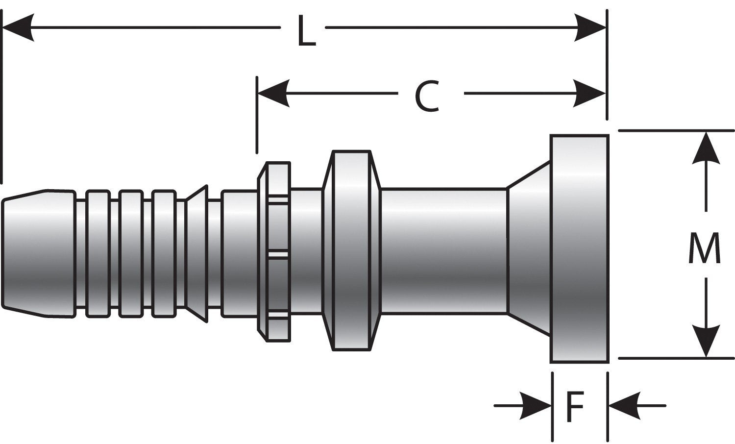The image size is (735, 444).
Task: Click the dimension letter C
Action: tap(426, 97)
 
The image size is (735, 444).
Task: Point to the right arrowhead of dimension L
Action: tap(590, 27)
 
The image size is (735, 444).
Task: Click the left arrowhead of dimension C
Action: tap(272, 93)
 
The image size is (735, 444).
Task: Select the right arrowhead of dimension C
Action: tap(590, 93)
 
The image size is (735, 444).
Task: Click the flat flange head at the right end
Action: tap(579, 249)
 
